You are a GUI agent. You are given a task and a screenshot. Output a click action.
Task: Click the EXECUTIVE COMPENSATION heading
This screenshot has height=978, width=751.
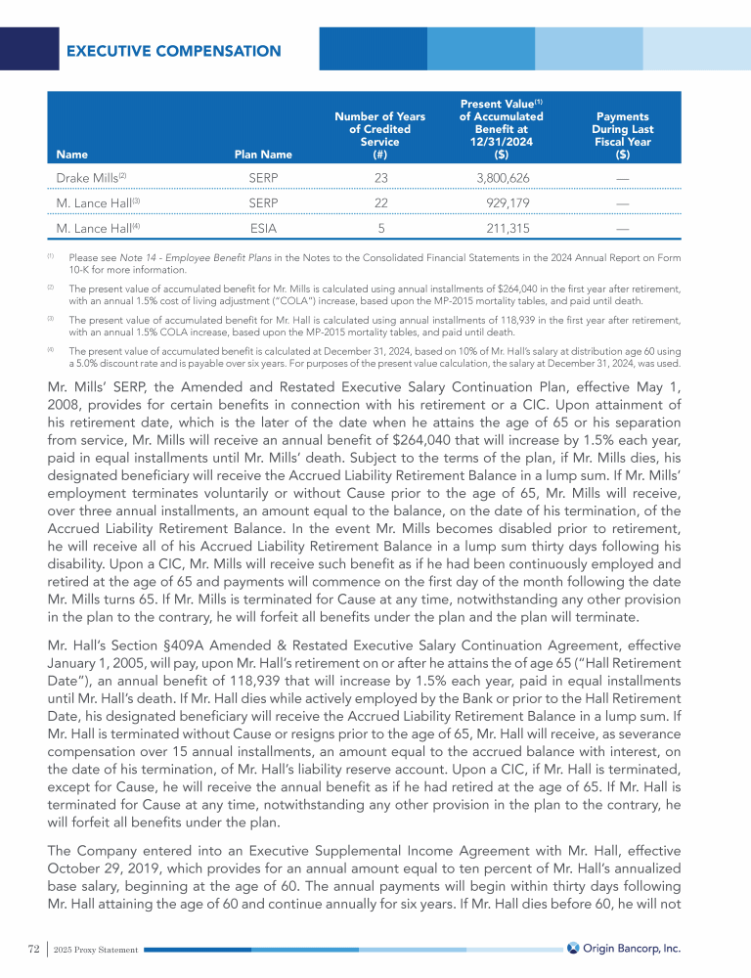pyautogui.click(x=173, y=51)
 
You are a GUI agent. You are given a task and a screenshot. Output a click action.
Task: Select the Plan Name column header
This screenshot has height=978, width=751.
pyautogui.click(x=263, y=154)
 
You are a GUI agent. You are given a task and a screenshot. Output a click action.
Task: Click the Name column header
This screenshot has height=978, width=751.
pyautogui.click(x=71, y=154)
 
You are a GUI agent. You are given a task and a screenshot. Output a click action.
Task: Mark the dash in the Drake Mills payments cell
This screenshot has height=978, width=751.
pyautogui.click(x=623, y=178)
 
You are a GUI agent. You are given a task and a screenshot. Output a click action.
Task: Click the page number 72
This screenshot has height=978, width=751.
pyautogui.click(x=33, y=949)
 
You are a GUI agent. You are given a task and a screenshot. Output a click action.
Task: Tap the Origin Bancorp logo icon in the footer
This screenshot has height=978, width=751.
pyautogui.click(x=574, y=948)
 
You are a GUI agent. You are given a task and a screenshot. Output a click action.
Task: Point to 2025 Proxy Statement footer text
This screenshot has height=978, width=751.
pyautogui.click(x=96, y=950)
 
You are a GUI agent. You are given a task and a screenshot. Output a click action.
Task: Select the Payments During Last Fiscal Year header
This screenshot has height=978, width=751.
pyautogui.click(x=623, y=135)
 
